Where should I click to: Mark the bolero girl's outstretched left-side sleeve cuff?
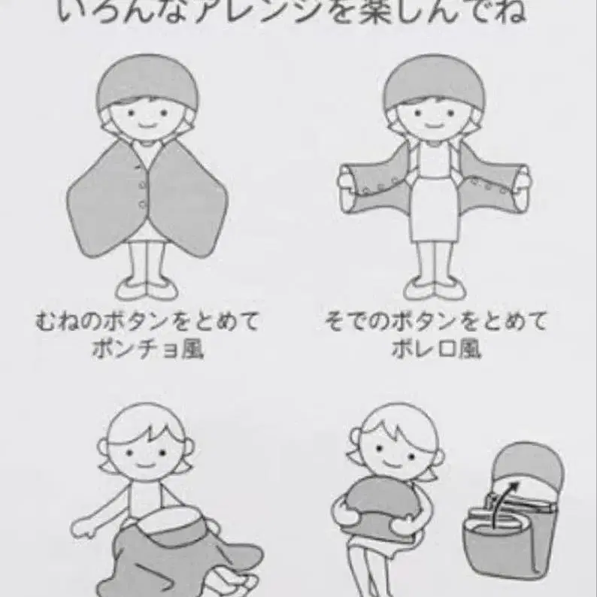(x=347, y=184)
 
